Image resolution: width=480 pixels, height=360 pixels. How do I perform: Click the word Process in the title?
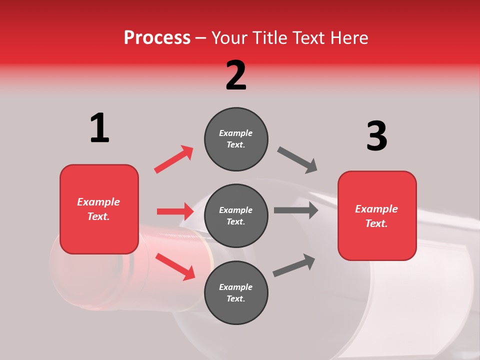157,38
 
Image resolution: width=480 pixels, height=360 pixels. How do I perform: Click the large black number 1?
99,128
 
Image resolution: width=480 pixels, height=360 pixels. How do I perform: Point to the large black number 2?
236,75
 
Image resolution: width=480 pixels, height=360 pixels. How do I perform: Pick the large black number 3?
376,136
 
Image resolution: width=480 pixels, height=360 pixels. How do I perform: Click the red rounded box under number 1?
99,209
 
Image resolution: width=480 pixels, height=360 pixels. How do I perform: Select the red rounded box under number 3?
377,215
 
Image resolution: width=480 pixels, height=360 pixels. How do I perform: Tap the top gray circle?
236,139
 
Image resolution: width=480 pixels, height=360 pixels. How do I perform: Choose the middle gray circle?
236,215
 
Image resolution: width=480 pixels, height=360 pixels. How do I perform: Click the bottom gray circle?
236,292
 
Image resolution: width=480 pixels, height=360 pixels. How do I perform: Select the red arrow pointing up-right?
174,159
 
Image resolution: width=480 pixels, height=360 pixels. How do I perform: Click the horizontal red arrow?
175,211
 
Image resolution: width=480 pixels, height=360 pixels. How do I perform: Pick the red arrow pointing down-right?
175,266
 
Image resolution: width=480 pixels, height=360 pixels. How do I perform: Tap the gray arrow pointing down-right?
297,160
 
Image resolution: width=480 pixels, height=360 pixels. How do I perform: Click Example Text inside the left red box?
98,209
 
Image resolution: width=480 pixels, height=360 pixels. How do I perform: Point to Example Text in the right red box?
376,216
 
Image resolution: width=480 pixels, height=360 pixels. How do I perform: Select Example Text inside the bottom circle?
236,293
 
